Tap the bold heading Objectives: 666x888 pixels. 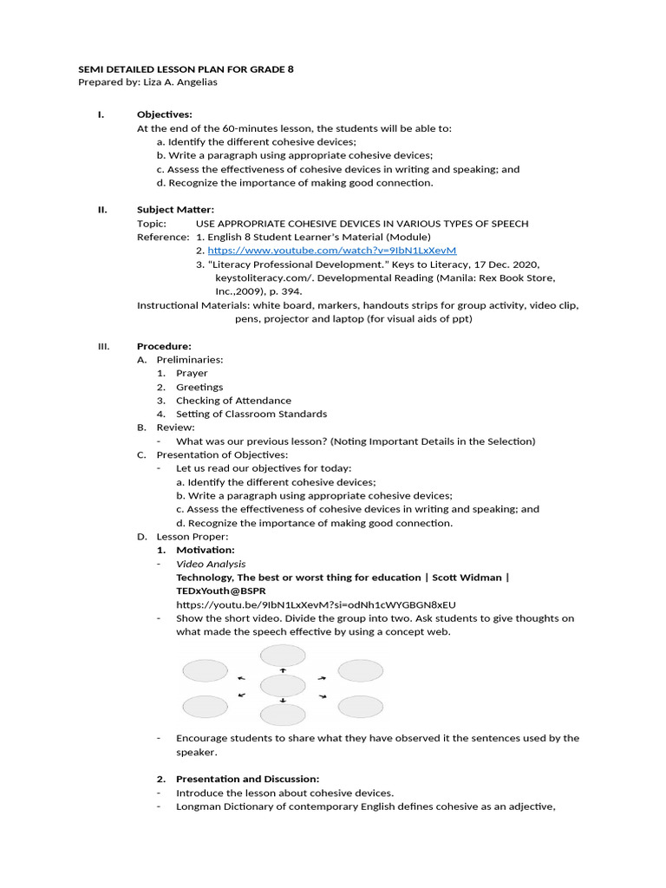click(x=164, y=114)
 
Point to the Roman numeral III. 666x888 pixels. click(x=103, y=346)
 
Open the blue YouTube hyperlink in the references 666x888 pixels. click(x=331, y=251)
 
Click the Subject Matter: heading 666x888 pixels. click(x=175, y=209)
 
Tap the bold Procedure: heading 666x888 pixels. click(x=164, y=346)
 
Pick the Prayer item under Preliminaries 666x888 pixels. click(x=192, y=373)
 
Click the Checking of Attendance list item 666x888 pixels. click(x=233, y=401)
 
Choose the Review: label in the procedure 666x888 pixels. click(x=175, y=428)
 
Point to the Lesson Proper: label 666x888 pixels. click(x=192, y=537)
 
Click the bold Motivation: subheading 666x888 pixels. click(x=205, y=550)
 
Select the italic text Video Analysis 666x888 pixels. click(x=211, y=564)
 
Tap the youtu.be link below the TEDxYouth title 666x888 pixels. click(x=316, y=604)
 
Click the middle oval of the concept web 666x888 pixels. click(x=283, y=686)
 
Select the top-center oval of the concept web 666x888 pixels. click(x=283, y=656)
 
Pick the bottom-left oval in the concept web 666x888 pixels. click(x=205, y=707)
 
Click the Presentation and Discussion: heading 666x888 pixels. click(x=247, y=779)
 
